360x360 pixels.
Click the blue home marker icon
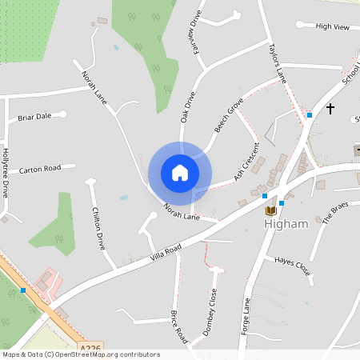[180, 173]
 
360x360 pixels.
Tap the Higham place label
[286, 224]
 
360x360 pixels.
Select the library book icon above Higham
[271, 210]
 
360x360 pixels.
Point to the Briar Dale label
[34, 116]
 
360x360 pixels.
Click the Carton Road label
[40, 169]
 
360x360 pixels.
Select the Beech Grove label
[229, 116]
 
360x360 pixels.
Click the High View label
[333, 26]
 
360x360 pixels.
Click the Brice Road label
[178, 323]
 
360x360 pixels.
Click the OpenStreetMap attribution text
[81, 354]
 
